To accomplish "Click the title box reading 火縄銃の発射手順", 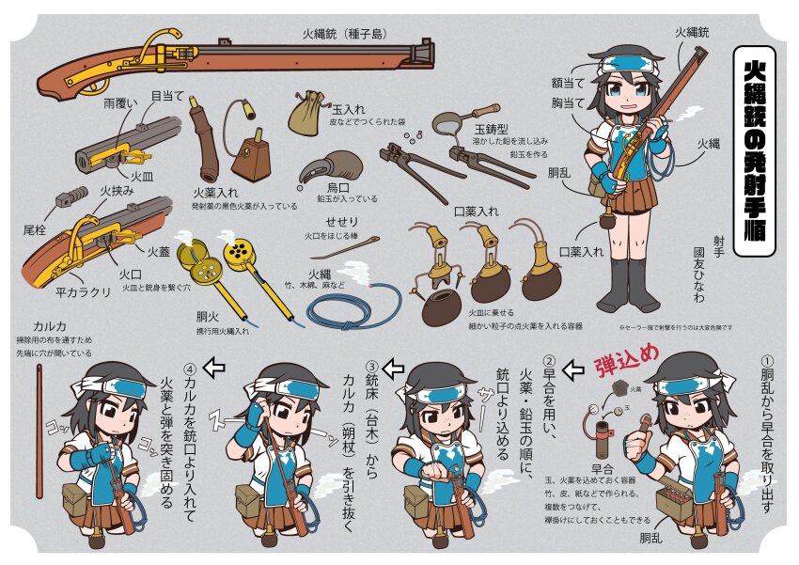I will pyautogui.click(x=753, y=149).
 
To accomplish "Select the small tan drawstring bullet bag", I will pyautogui.click(x=306, y=111).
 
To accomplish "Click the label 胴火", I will pyautogui.click(x=209, y=316).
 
